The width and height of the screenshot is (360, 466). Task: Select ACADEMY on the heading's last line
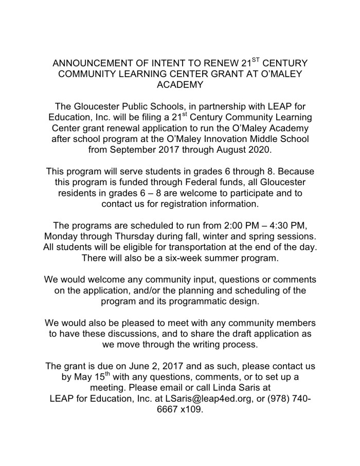pyautogui.click(x=179, y=85)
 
